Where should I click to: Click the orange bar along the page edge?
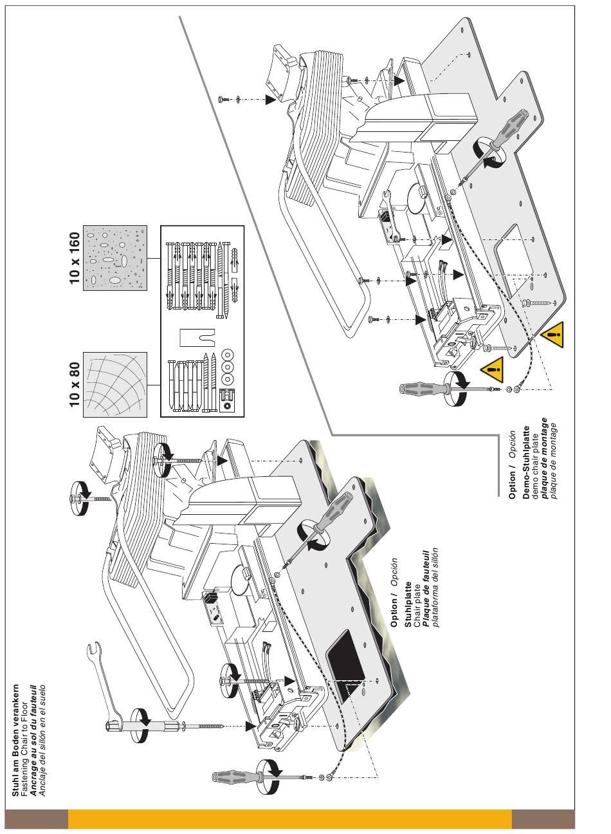pos(289,819)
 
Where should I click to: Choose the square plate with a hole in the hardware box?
pos(226,401)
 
